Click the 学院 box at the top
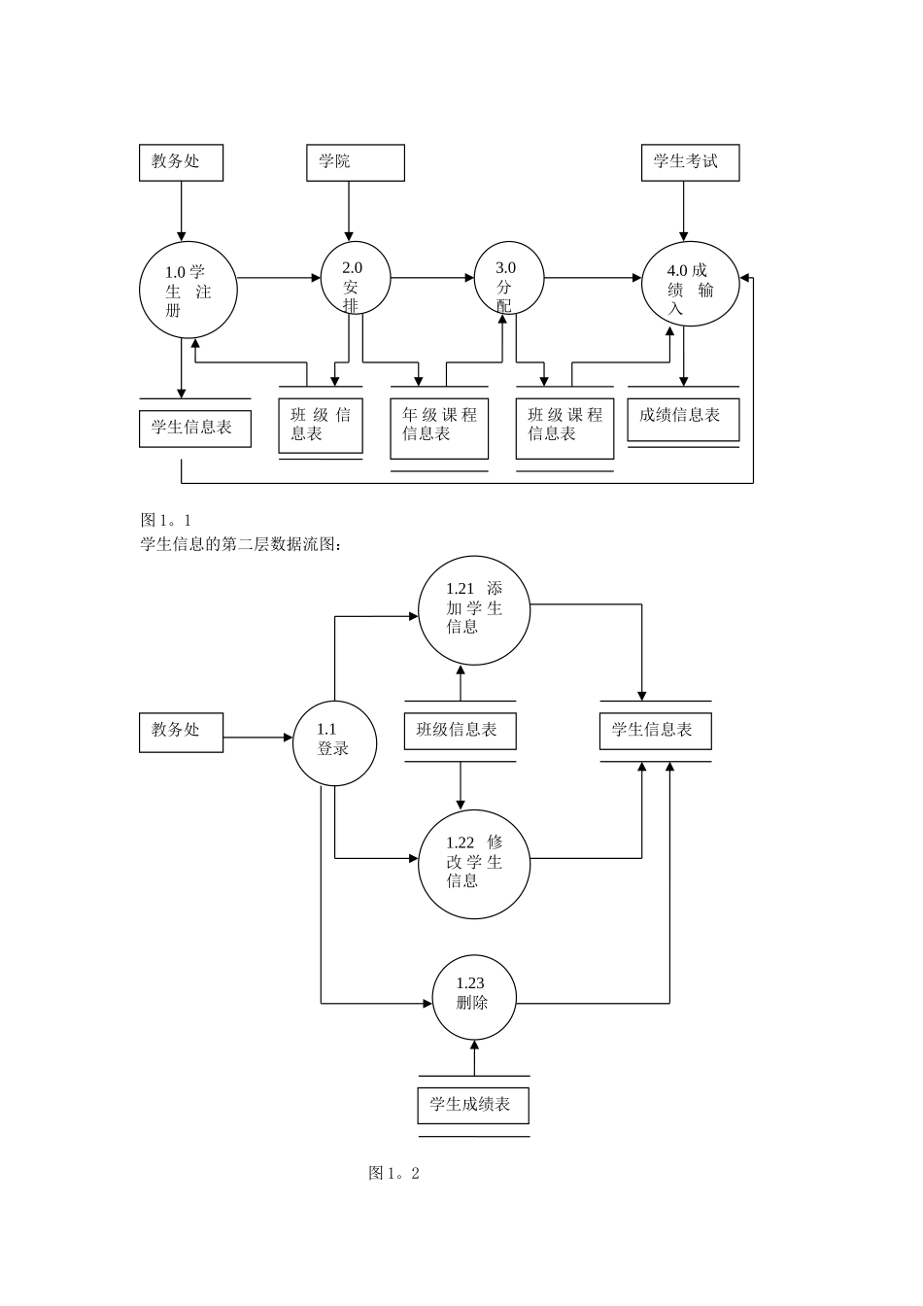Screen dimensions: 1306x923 click(x=355, y=162)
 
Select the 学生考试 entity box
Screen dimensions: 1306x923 click(x=690, y=162)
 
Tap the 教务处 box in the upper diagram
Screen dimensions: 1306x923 click(x=181, y=162)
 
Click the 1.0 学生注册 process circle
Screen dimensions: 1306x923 click(x=188, y=291)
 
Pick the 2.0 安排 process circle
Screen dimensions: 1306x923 click(x=356, y=278)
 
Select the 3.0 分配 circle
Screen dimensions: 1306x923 click(x=508, y=278)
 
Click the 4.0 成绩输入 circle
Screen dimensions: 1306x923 click(x=690, y=284)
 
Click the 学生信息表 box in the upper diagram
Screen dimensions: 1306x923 click(x=194, y=428)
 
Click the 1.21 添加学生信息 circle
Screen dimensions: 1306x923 click(x=474, y=609)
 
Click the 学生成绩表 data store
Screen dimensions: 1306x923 click(x=473, y=1105)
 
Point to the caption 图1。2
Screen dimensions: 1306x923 click(x=393, y=1173)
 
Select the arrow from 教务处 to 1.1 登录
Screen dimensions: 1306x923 click(x=257, y=738)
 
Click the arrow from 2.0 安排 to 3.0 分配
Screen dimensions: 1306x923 click(x=432, y=278)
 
